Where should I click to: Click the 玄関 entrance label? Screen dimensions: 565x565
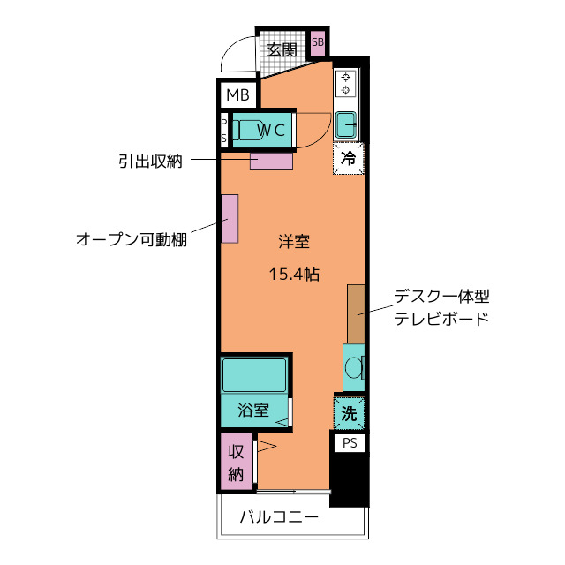[x=282, y=49]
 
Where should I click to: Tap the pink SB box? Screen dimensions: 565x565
[x=318, y=42]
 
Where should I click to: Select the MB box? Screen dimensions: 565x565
[x=237, y=94]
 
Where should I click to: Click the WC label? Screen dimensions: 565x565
[x=271, y=131]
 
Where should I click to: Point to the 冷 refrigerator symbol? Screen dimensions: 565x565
[x=349, y=160]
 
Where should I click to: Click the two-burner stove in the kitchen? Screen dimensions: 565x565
[x=347, y=84]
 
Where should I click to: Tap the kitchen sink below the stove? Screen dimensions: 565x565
[x=347, y=124]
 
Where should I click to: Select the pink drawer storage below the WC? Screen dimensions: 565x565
[x=270, y=162]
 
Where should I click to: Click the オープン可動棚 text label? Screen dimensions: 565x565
[x=131, y=239]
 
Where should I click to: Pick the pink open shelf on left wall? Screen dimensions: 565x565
[x=229, y=219]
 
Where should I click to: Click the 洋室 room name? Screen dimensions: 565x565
[x=293, y=240]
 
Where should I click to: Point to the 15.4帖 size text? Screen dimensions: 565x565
[x=293, y=274]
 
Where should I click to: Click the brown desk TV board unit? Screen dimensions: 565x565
[x=356, y=313]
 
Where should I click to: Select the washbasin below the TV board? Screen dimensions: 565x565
[x=354, y=367]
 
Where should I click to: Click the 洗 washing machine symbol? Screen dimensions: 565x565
[x=349, y=411]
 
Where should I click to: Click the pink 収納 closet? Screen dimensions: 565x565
[x=236, y=462]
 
